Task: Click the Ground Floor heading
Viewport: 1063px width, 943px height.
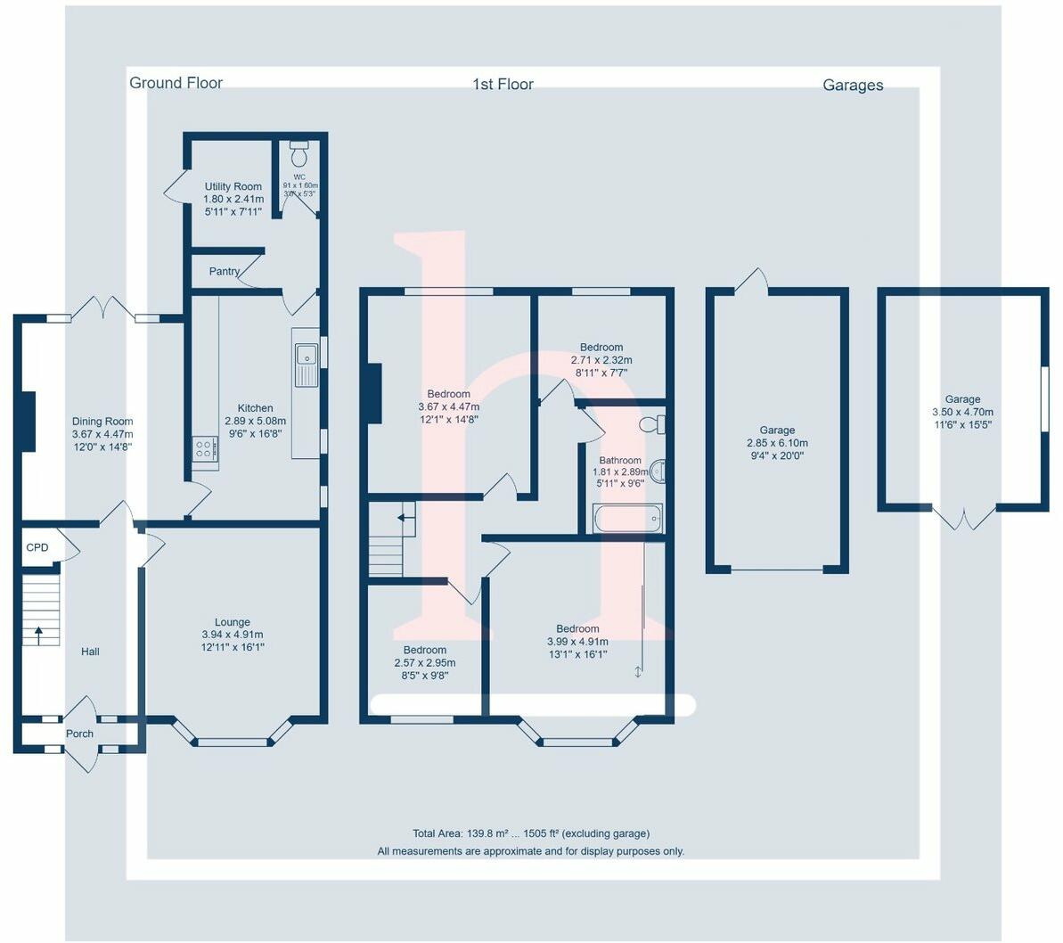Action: click(x=176, y=83)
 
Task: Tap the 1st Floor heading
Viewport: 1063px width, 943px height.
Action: click(x=503, y=85)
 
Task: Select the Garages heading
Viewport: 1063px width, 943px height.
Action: click(x=853, y=86)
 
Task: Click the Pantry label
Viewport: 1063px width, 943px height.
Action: click(x=225, y=271)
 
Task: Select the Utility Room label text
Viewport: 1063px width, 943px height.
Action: click(x=233, y=187)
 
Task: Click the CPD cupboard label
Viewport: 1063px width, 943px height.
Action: click(x=37, y=548)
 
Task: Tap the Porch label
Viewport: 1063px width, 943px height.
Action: click(x=79, y=734)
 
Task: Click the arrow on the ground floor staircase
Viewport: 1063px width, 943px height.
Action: click(x=37, y=634)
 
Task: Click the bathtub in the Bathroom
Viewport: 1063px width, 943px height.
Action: click(x=627, y=519)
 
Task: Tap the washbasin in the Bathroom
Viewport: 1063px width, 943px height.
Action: click(x=658, y=471)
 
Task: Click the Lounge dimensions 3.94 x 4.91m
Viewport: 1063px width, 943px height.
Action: click(x=233, y=635)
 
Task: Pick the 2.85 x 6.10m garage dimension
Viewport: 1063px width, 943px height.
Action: click(x=777, y=443)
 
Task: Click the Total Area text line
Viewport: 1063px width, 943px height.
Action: click(x=531, y=834)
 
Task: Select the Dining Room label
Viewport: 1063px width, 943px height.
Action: click(x=102, y=422)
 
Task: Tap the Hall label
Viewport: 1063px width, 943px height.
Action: click(x=90, y=652)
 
